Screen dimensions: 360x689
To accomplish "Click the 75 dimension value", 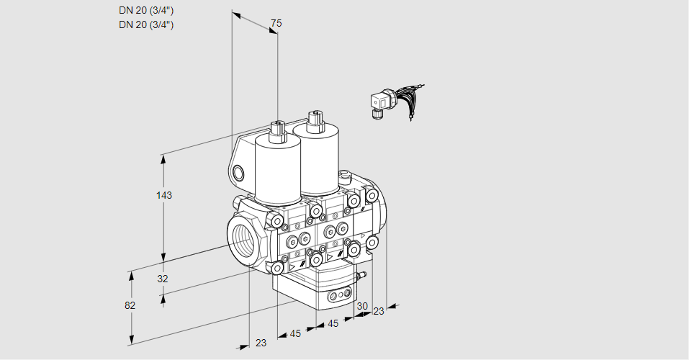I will pos(276,24).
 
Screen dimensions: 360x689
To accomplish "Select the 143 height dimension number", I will pos(165,195).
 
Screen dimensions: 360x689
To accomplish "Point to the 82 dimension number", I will pos(130,305).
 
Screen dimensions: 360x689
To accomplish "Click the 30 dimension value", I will pos(361,306).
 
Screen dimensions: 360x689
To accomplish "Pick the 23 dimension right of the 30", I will pos(379,311).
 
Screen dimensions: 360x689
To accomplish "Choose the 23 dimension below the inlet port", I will pos(261,343).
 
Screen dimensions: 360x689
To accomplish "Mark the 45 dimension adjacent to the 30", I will pos(333,323).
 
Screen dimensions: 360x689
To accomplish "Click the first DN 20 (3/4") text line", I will pos(146,10).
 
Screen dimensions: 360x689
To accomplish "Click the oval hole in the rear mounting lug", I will pos(238,173).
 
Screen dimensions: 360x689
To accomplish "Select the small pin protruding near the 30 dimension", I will pos(361,275).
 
